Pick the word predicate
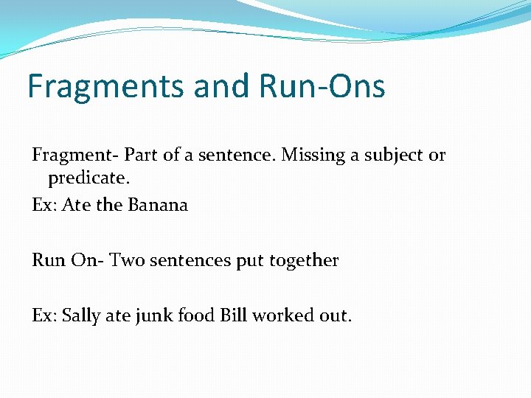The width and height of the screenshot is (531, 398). tap(83, 179)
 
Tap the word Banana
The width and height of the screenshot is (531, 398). tap(158, 205)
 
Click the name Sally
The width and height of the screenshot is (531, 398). tap(83, 316)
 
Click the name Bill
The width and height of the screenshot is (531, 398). tap(233, 316)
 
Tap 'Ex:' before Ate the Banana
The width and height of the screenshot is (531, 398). tap(44, 205)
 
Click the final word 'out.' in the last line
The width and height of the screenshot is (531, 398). tap(336, 316)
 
